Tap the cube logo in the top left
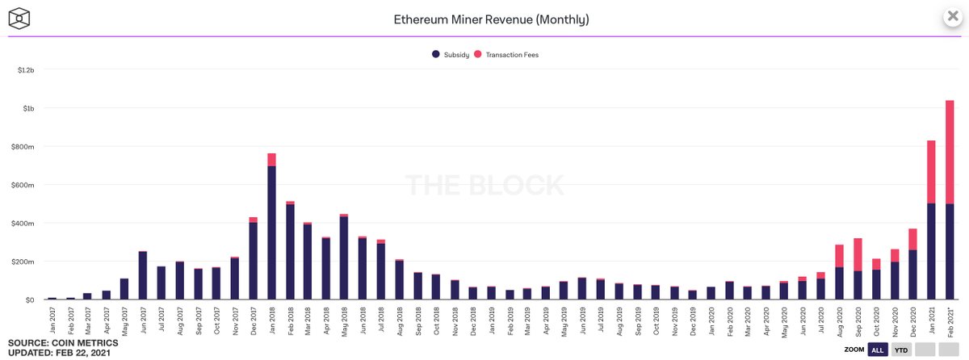[x=23, y=18]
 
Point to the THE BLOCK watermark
[x=484, y=185]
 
